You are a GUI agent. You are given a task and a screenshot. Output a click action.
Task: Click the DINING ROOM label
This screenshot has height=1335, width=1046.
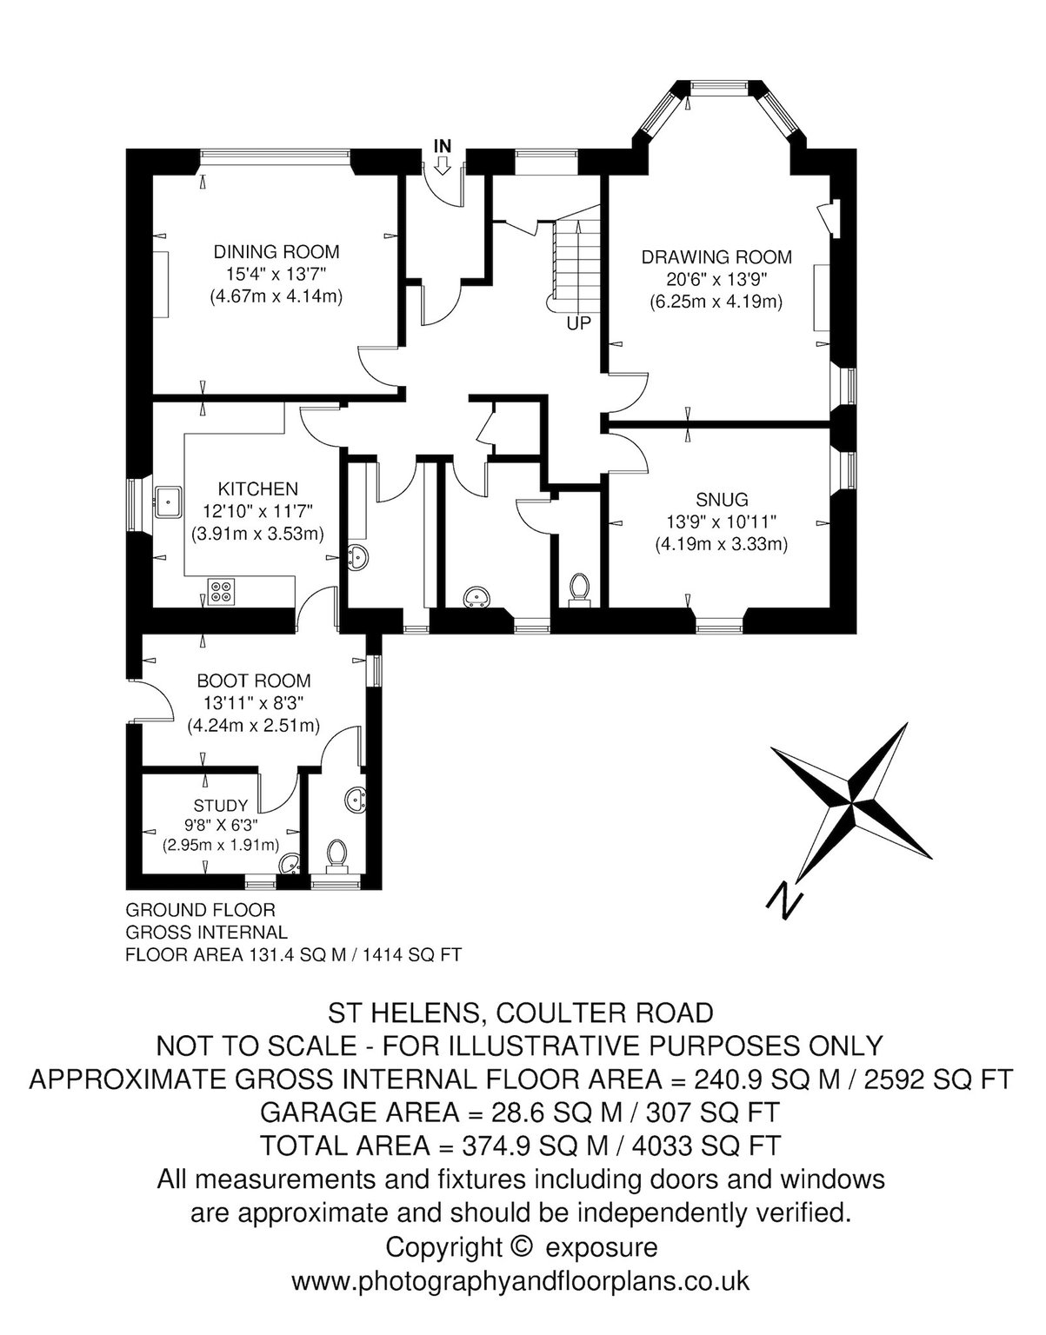[x=276, y=252]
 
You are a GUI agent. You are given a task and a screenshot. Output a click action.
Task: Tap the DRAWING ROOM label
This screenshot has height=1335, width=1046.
[x=716, y=256]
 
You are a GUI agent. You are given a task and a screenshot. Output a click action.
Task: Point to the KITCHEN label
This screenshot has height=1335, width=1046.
[x=258, y=489]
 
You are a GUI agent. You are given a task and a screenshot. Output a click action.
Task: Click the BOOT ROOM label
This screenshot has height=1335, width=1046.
[x=254, y=681]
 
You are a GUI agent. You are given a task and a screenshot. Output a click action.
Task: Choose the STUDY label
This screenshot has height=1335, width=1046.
[x=221, y=806]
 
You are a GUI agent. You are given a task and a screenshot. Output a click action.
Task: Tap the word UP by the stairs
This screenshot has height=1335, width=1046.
[x=578, y=324]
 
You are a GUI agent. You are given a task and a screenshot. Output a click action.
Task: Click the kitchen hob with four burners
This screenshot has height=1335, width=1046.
[x=221, y=591]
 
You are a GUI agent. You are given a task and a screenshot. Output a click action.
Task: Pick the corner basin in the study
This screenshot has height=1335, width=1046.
[x=290, y=864]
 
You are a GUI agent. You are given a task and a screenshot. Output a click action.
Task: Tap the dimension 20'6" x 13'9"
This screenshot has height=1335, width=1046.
[x=716, y=280]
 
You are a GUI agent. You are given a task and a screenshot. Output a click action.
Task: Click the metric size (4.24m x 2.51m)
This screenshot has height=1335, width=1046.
[x=254, y=727]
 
